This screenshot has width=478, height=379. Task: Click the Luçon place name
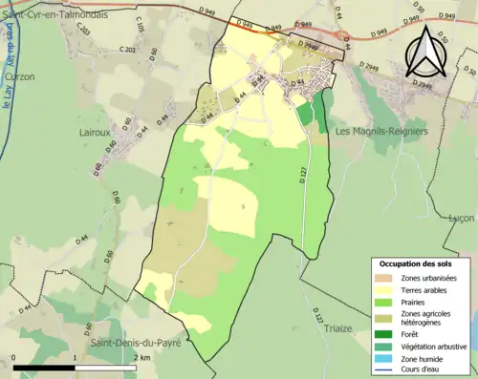pos(462,218)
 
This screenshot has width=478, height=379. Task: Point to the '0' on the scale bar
pos(14,358)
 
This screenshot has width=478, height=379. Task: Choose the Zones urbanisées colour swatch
pos(386,278)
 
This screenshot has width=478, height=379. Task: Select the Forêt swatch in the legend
pos(386,333)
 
